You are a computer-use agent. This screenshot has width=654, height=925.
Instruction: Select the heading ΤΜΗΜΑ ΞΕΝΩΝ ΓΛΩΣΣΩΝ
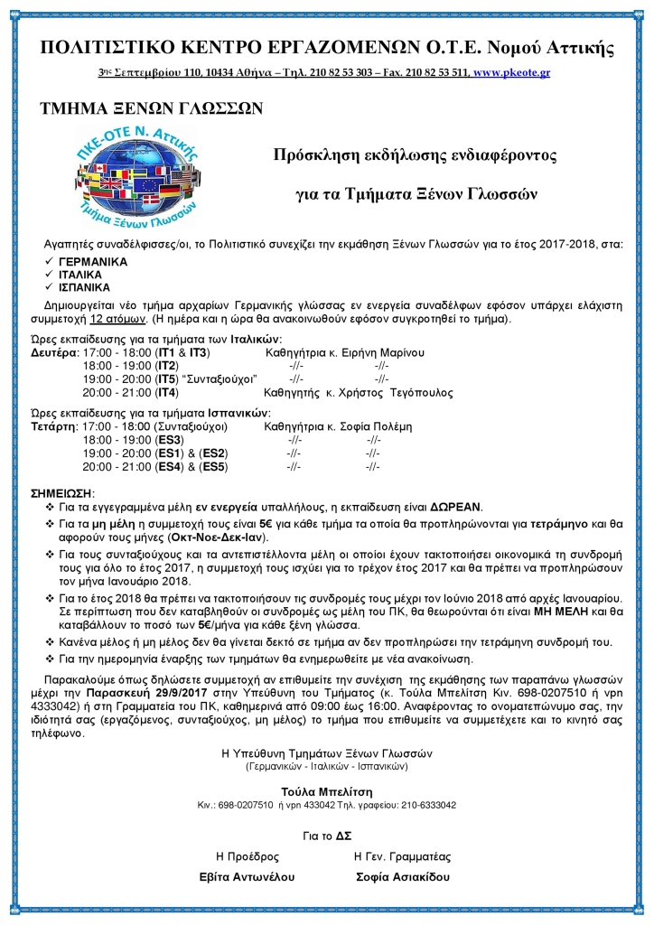click(x=152, y=109)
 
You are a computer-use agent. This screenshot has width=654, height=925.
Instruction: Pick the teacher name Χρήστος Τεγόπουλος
click(x=399, y=393)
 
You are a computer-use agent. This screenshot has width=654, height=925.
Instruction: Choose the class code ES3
click(x=170, y=439)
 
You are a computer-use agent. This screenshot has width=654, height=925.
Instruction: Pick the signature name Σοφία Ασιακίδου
click(x=404, y=876)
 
